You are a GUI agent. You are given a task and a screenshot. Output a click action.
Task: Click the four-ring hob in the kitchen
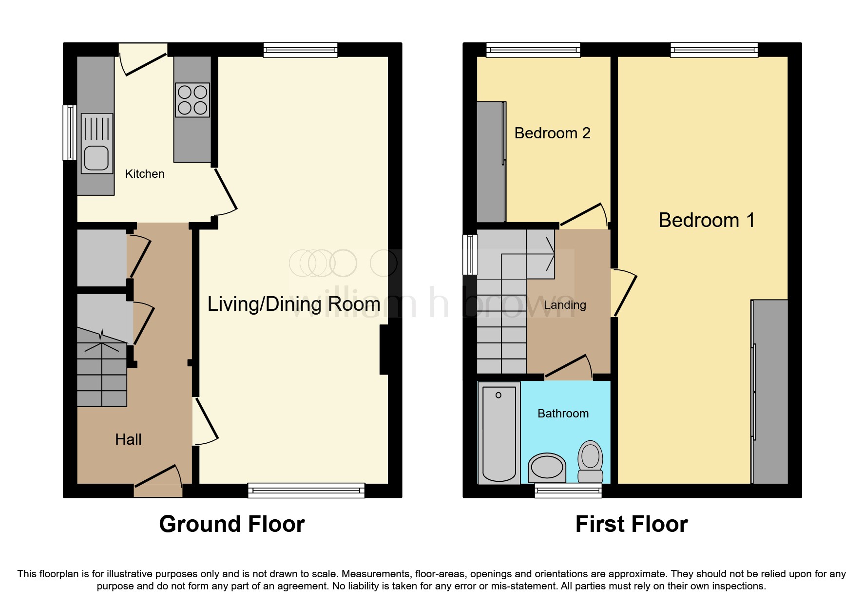pyautogui.click(x=192, y=100)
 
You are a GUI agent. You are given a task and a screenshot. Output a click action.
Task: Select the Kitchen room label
pyautogui.click(x=145, y=174)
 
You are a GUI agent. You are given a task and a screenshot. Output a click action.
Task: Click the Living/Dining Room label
pyautogui.click(x=294, y=304)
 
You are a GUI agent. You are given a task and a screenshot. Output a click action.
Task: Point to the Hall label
pyautogui.click(x=128, y=439)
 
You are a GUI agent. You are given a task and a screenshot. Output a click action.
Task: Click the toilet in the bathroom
pyautogui.click(x=590, y=460)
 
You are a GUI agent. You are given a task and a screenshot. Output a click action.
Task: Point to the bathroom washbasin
pyautogui.click(x=547, y=467)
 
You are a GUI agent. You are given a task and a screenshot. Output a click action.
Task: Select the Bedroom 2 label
pyautogui.click(x=552, y=133)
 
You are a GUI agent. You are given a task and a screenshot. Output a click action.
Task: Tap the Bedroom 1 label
pyautogui.click(x=706, y=220)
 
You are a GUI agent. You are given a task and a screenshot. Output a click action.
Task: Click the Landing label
pyautogui.click(x=565, y=305)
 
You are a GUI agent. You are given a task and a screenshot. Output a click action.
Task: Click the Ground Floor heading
pyautogui.click(x=232, y=524)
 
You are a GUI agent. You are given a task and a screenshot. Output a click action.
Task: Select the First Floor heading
pyautogui.click(x=632, y=524)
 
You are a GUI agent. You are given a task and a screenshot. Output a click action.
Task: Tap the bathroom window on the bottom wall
pyautogui.click(x=568, y=490)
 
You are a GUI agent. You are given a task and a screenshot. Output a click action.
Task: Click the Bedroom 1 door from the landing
pyautogui.click(x=625, y=295)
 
